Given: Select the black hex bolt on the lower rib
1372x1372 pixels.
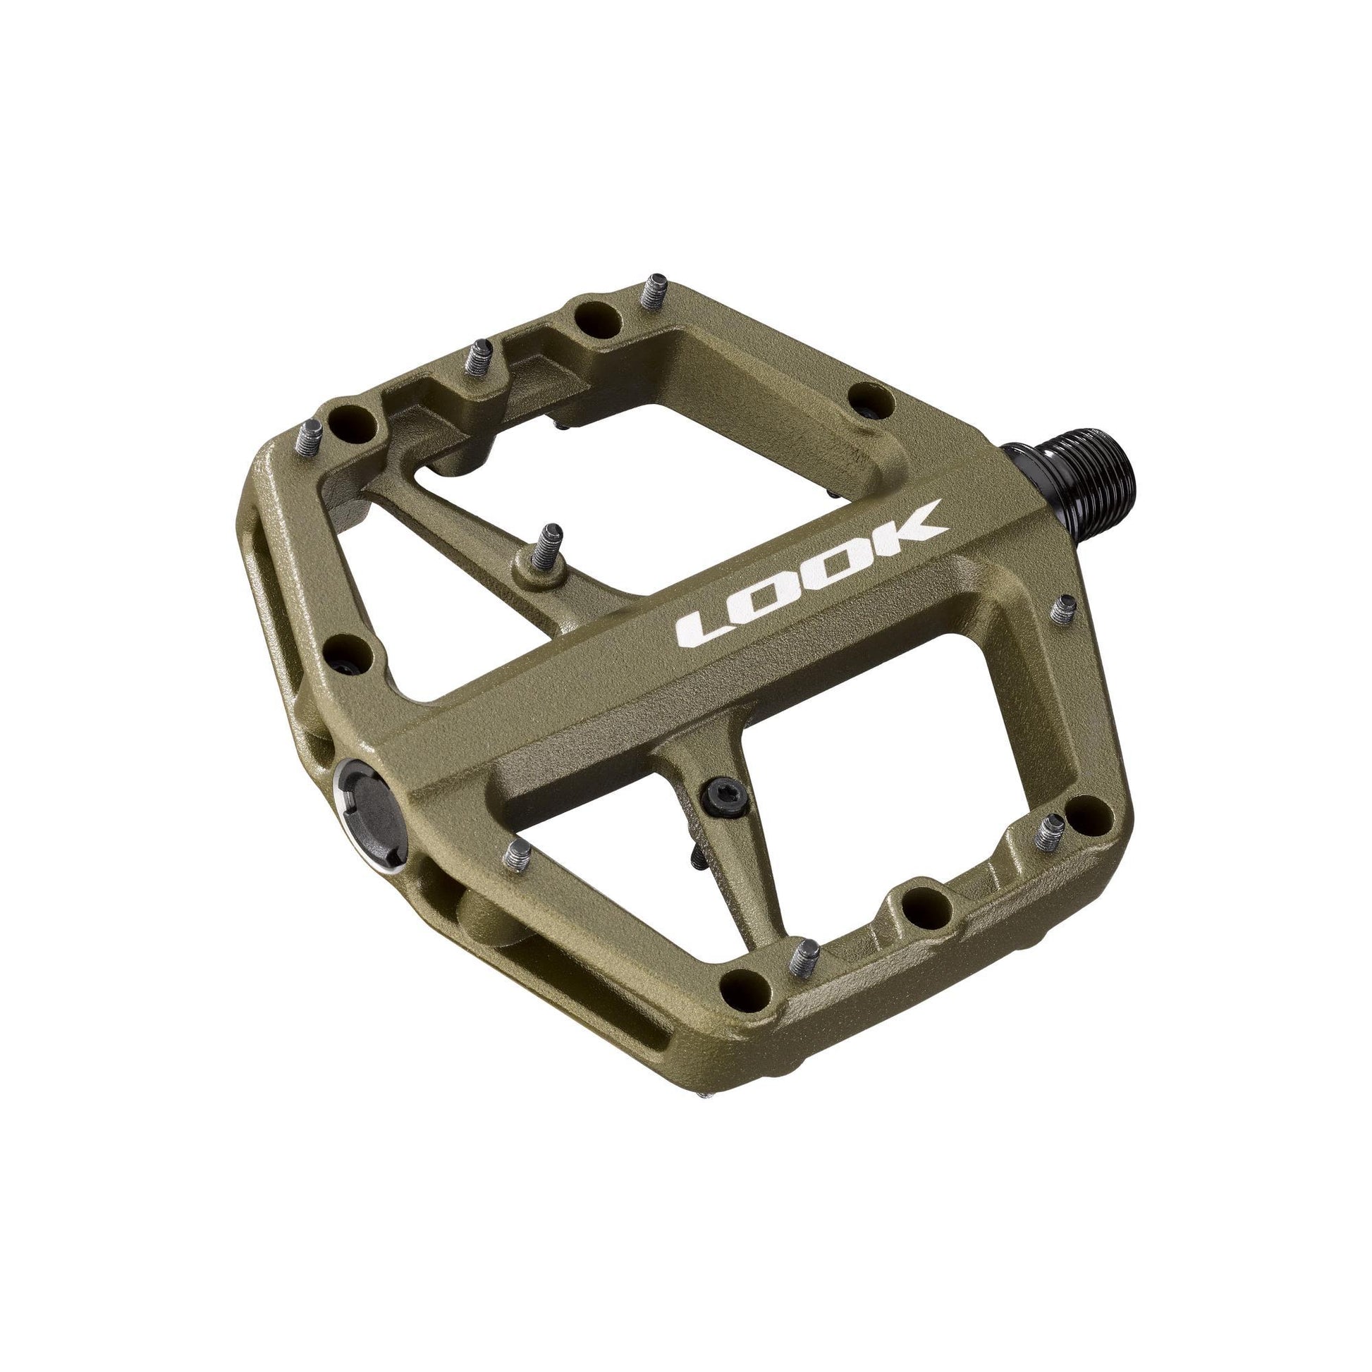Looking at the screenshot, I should [x=721, y=801].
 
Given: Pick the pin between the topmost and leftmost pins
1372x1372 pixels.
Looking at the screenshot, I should [x=481, y=359].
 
